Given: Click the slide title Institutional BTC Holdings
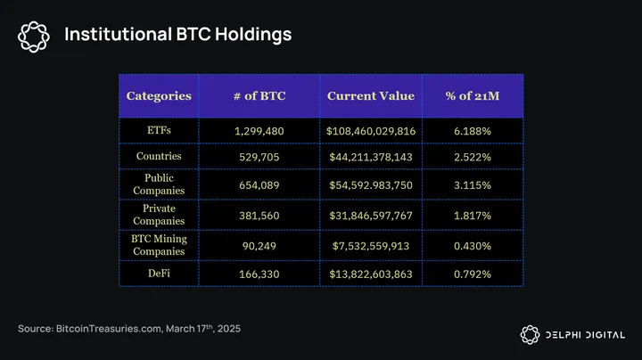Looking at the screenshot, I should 177,35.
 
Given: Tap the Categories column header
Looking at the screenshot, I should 159,95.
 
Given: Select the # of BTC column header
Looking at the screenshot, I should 259,95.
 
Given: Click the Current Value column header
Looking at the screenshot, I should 370,95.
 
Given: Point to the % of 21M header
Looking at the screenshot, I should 472,95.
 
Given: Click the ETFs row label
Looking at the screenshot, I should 159,130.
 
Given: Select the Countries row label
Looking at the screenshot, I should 159,157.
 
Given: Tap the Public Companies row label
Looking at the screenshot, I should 159,184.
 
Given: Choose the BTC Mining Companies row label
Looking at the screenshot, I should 159,244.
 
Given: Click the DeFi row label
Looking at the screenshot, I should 159,274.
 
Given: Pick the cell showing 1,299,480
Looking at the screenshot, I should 259,131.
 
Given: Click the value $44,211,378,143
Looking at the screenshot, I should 370,158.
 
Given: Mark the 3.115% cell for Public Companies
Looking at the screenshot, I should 472,185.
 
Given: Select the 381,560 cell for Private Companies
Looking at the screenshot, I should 259,216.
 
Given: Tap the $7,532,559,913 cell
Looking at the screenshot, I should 370,245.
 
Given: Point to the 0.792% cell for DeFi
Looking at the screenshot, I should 472,274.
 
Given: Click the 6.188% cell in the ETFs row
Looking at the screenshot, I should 472,131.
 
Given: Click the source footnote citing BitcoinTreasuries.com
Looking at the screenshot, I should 129,330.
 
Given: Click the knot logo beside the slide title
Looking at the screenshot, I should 35,35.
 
